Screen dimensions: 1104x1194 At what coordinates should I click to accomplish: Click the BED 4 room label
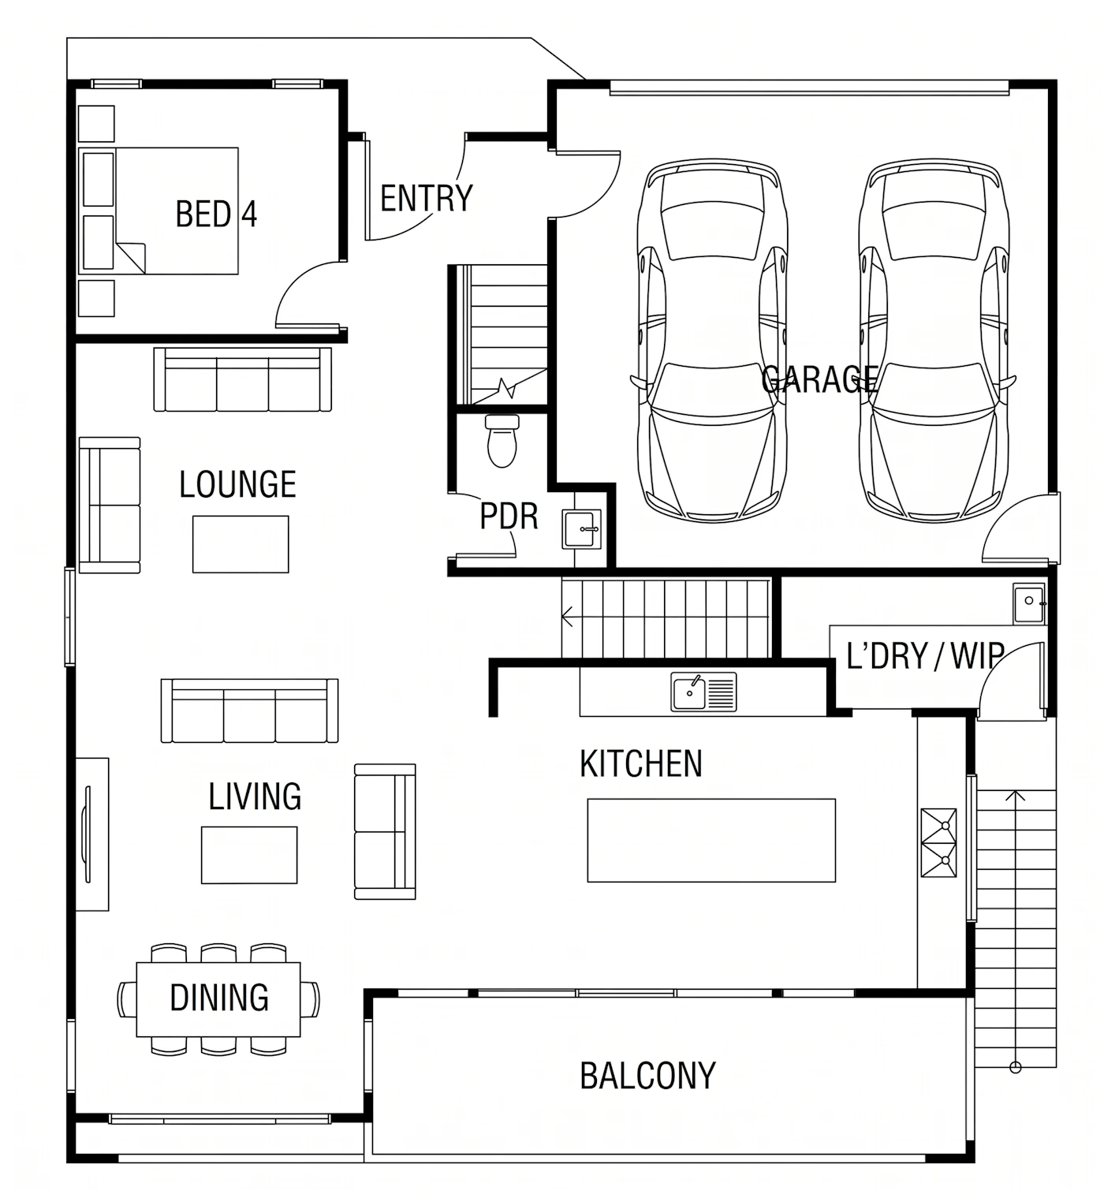[x=216, y=214]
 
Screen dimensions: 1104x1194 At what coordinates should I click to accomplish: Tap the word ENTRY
[x=427, y=199]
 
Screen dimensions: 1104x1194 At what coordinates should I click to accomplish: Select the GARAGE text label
[x=819, y=379]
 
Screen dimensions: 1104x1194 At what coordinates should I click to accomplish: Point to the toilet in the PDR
[x=502, y=441]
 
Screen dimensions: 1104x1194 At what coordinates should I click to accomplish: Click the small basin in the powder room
[x=581, y=529]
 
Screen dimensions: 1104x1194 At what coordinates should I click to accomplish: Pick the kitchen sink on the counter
[x=703, y=692]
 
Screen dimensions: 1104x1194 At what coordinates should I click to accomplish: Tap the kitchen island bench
[x=711, y=841]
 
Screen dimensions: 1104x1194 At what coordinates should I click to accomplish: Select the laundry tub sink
[x=1029, y=603]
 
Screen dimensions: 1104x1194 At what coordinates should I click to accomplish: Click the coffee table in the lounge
[x=241, y=544]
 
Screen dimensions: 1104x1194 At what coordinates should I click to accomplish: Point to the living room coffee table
[x=249, y=855]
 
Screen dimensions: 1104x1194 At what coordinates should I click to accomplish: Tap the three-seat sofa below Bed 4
[x=242, y=379]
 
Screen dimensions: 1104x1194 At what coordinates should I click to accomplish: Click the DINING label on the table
[x=219, y=998]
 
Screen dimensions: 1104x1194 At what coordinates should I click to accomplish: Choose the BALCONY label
[x=647, y=1076]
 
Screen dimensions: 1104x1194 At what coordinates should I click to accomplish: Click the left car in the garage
[x=713, y=341]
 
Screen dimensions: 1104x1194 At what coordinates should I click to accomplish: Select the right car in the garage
[x=934, y=341]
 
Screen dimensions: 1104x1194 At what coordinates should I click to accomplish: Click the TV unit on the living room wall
[x=92, y=834]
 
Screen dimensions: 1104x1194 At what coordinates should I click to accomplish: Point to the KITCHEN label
[x=641, y=764]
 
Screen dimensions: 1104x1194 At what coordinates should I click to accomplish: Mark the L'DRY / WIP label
[x=926, y=656]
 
